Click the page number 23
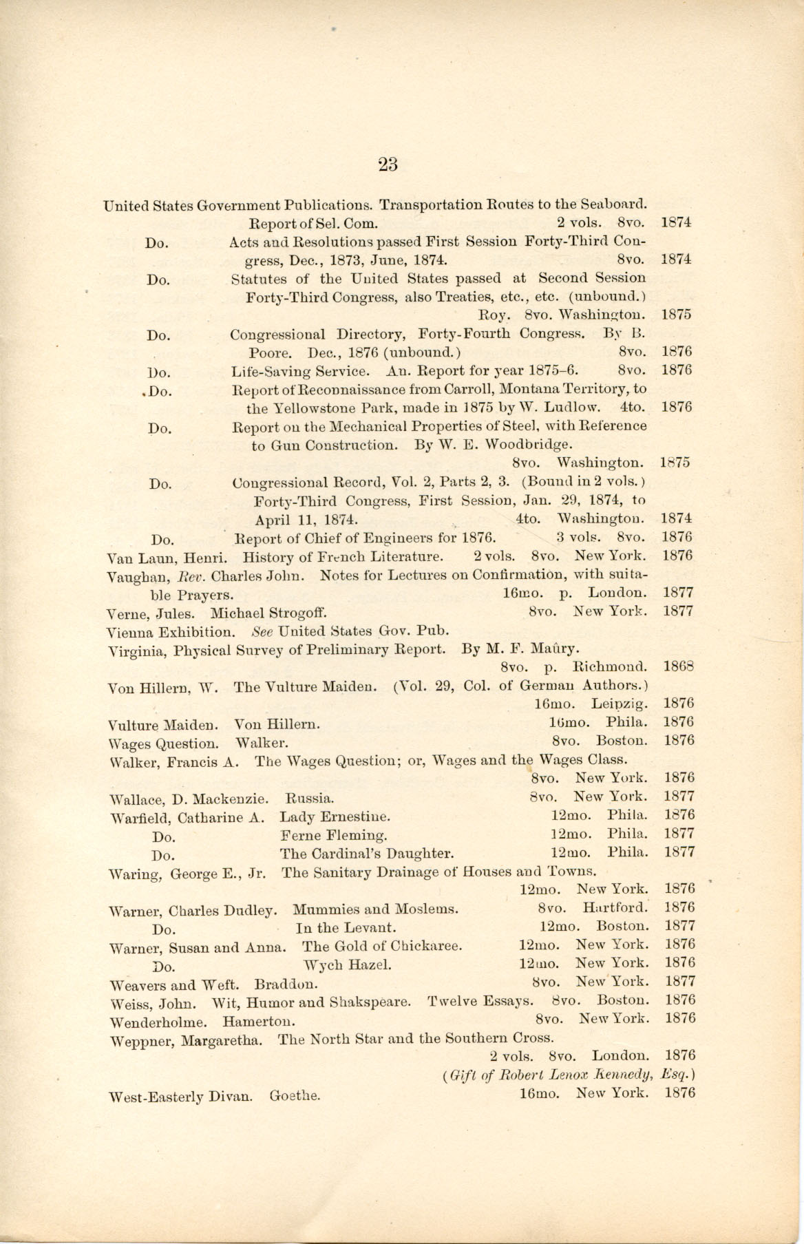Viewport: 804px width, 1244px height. pyautogui.click(x=388, y=164)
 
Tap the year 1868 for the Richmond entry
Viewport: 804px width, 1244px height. pyautogui.click(x=679, y=666)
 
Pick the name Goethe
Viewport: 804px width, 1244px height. pyautogui.click(x=295, y=1094)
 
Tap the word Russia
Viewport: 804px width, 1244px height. pyautogui.click(x=310, y=799)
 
